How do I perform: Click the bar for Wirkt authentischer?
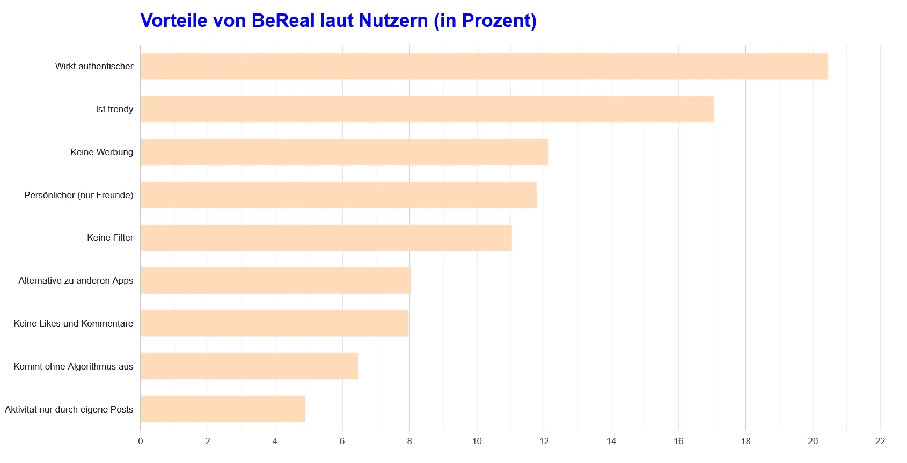pos(484,67)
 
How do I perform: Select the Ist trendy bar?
pos(427,110)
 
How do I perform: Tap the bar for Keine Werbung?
pos(345,152)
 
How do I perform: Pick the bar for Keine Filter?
pos(326,237)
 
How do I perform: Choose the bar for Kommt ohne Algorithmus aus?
pos(249,366)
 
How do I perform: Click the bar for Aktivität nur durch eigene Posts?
pos(223,409)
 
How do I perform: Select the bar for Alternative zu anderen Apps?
pos(276,280)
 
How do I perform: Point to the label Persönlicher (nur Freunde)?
pos(79,195)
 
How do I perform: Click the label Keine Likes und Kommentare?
pos(74,323)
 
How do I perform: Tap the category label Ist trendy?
pos(114,110)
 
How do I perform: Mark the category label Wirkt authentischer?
pos(94,67)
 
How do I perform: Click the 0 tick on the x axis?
pos(141,441)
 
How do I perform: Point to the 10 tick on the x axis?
pos(477,441)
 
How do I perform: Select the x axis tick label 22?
pos(880,441)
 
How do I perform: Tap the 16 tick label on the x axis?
pos(678,441)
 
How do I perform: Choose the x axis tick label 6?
pos(342,441)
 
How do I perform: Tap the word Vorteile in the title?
pos(173,20)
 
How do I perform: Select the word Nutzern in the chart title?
pos(393,20)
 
